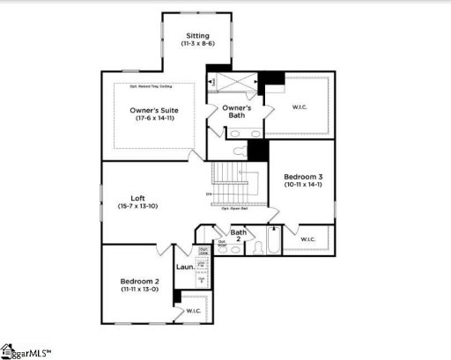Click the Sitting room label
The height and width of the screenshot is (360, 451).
pos(197,35)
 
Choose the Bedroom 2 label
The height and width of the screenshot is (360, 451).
pos(138,282)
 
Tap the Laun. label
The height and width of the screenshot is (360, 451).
pos(185,267)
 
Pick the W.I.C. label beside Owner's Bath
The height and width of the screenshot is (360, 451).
pos(299,108)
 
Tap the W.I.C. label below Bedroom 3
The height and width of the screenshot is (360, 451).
pos(308,239)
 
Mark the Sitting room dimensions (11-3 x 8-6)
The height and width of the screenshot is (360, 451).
pos(197,43)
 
